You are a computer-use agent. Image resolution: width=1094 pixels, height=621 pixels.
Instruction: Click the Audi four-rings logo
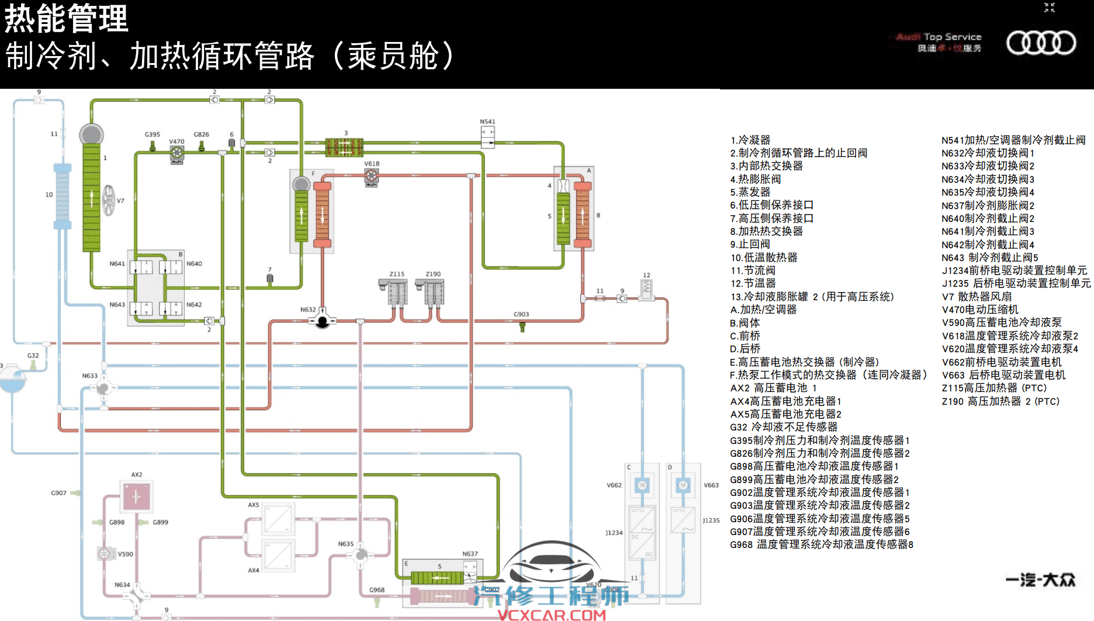click(1041, 43)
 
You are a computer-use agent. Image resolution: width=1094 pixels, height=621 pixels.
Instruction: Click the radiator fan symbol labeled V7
click(109, 200)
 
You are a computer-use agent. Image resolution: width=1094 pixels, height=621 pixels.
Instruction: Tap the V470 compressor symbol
click(176, 154)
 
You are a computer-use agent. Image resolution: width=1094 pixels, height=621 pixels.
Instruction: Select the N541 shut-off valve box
click(487, 137)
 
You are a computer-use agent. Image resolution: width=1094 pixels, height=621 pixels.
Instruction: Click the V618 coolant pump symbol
click(372, 176)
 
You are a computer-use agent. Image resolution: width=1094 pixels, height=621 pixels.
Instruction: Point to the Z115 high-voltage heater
click(397, 292)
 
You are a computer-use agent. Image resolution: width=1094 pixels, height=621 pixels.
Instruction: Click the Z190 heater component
click(433, 292)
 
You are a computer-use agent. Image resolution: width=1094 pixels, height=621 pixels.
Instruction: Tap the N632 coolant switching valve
click(322, 320)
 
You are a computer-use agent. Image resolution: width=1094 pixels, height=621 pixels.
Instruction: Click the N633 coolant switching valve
click(104, 387)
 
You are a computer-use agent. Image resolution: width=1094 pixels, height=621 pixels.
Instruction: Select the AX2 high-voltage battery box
click(137, 497)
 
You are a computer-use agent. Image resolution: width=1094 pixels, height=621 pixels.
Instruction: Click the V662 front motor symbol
click(642, 485)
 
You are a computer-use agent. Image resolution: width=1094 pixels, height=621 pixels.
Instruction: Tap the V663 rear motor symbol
click(683, 485)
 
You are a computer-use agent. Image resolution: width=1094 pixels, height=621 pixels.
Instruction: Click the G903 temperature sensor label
click(521, 314)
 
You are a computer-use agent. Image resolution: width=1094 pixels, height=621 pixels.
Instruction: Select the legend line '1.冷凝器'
click(750, 140)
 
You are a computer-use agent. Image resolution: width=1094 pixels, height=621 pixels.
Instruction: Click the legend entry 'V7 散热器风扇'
click(977, 297)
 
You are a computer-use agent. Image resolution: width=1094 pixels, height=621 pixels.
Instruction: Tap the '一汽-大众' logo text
click(1040, 580)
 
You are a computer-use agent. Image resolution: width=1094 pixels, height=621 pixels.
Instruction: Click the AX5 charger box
click(278, 519)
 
